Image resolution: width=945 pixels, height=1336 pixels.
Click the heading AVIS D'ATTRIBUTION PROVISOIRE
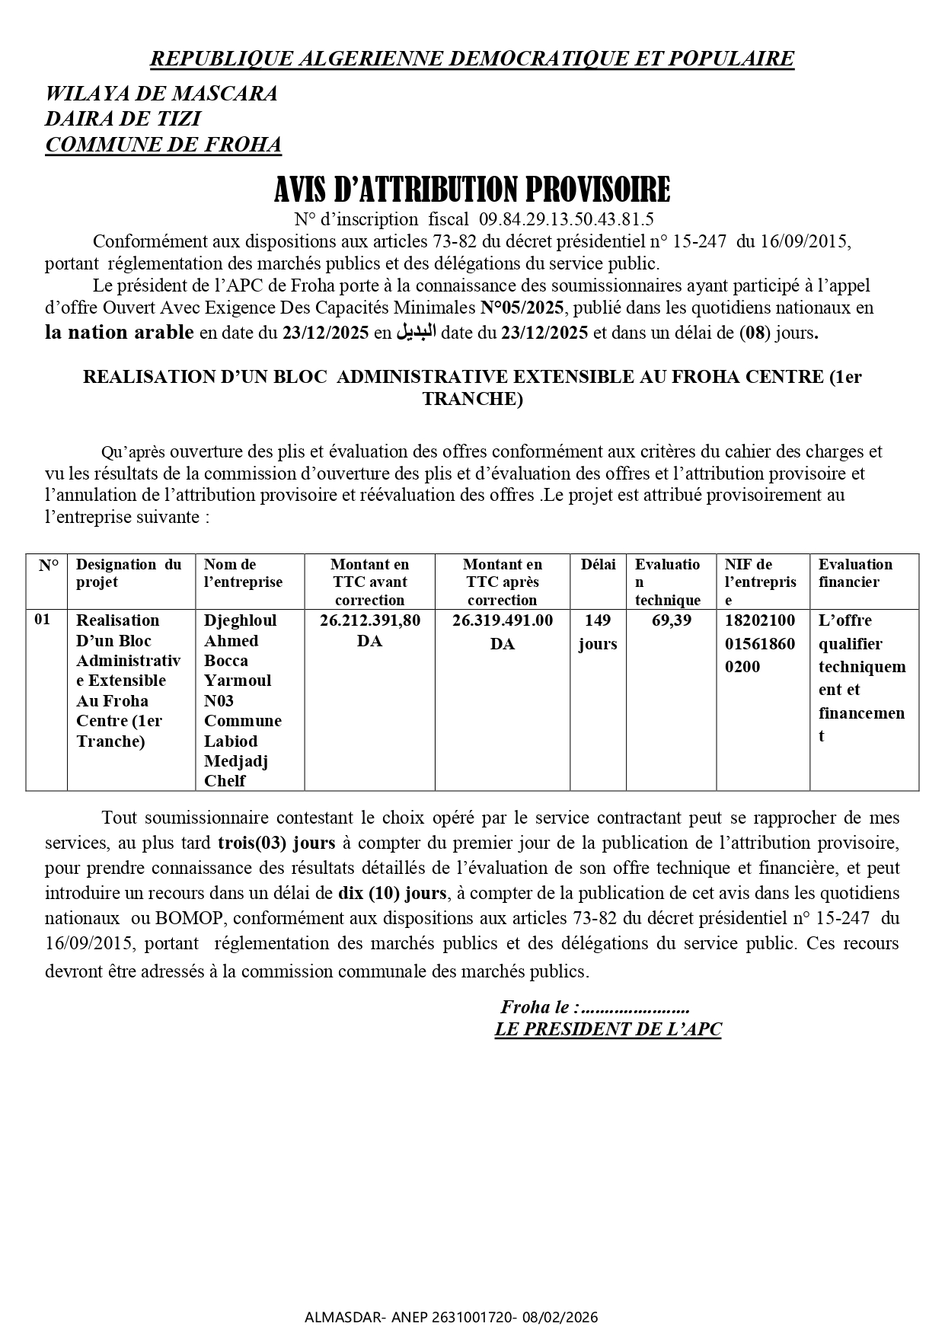click(472, 189)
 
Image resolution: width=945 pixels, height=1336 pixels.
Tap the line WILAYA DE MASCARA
click(161, 94)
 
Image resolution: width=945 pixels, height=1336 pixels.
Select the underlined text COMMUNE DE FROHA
click(163, 145)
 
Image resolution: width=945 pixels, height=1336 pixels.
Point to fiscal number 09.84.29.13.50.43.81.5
click(566, 220)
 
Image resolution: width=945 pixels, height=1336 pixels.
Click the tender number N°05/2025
click(522, 308)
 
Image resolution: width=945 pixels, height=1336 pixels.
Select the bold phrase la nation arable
click(120, 333)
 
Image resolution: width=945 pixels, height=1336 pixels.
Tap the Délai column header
click(598, 565)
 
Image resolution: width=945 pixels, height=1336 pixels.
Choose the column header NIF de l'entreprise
click(760, 582)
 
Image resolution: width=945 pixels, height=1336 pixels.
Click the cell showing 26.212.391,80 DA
click(369, 630)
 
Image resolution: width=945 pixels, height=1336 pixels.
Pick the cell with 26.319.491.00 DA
click(502, 631)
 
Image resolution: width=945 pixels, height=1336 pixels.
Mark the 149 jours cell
click(598, 632)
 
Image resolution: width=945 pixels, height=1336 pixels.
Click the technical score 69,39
click(672, 620)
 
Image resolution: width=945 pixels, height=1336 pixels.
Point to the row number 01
click(43, 620)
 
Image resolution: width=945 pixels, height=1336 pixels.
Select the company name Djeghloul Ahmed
click(241, 630)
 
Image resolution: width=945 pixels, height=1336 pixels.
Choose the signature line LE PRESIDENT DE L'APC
click(608, 1030)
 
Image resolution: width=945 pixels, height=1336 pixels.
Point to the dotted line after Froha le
click(635, 1008)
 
